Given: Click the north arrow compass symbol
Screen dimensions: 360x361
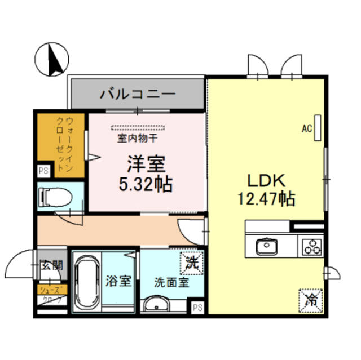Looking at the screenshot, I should (52, 59).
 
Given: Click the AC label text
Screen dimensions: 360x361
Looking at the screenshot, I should (307, 128).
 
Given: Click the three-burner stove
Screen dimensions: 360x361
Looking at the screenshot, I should (311, 247).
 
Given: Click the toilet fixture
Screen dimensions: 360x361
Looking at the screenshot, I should (54, 197).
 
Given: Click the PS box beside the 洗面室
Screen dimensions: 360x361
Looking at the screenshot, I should (196, 307).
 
